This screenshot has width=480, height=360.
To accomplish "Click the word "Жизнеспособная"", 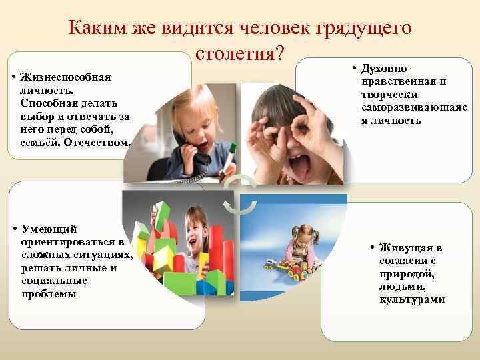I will [x=65, y=77].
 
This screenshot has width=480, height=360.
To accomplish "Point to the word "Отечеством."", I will [x=100, y=141].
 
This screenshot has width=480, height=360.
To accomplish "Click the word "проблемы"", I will [x=49, y=293].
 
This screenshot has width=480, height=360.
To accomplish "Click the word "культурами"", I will [x=412, y=299].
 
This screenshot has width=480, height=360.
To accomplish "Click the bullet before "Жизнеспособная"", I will [x=15, y=77].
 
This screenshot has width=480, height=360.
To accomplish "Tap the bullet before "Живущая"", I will [x=373, y=248].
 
